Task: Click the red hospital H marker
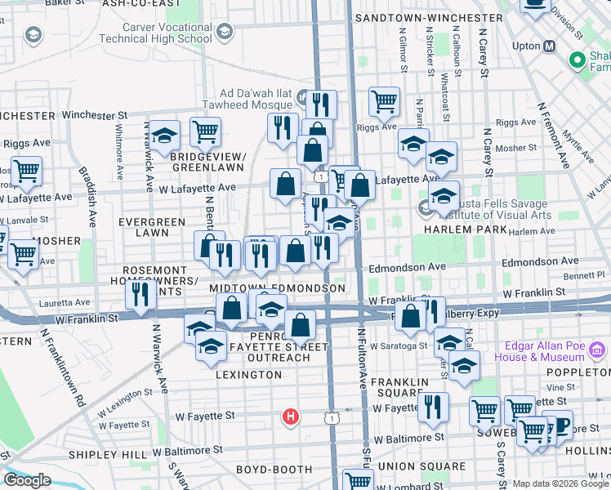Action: (x=290, y=417)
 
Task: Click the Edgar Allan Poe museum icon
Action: (x=596, y=352)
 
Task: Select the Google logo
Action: (x=27, y=479)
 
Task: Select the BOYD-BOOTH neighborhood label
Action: (x=274, y=469)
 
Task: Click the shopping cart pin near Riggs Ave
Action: (x=384, y=103)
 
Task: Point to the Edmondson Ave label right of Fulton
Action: (x=407, y=266)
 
